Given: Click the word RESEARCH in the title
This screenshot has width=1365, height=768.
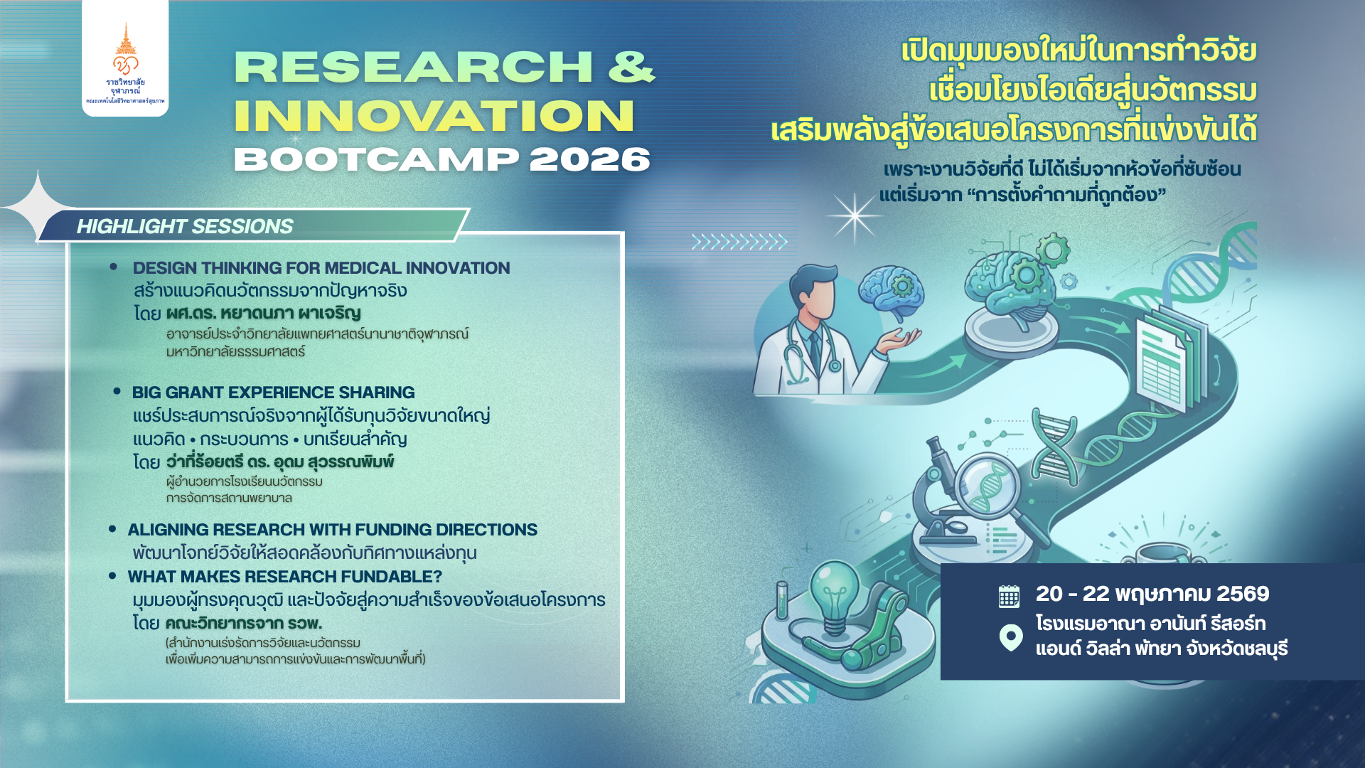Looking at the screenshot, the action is coord(413,67).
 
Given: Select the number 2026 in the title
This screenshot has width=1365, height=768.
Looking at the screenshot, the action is coord(589,159).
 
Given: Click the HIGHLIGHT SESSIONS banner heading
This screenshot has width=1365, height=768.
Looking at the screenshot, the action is coord(185,226).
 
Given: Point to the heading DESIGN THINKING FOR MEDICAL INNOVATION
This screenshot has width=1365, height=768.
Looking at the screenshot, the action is coord(321,268).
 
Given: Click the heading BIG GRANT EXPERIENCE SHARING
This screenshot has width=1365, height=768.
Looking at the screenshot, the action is coord(273,393).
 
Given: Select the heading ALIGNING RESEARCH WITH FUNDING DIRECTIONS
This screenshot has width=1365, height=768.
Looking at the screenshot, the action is coord(332,530).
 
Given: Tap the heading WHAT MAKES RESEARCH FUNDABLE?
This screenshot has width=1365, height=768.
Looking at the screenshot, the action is coord(284,577).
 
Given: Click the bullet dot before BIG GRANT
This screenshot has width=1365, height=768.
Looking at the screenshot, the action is coord(117,391).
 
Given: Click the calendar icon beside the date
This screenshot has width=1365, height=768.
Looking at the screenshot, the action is coord(1009,596).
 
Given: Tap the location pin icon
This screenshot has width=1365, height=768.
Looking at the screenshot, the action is coord(1010,637).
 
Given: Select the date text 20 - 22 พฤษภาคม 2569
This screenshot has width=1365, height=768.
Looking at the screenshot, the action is coord(1152,594).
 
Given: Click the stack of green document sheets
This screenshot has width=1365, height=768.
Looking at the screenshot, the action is coord(1170,359).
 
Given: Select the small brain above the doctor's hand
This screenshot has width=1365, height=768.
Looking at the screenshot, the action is coord(892,290).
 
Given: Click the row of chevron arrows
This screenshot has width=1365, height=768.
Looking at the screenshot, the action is coord(739,242).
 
